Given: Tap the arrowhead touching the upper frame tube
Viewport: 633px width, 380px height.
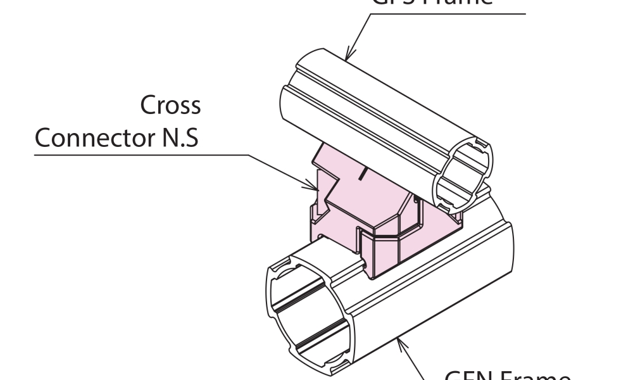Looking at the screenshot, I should (350, 55).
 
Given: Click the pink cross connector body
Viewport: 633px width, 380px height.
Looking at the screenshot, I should (380, 209).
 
